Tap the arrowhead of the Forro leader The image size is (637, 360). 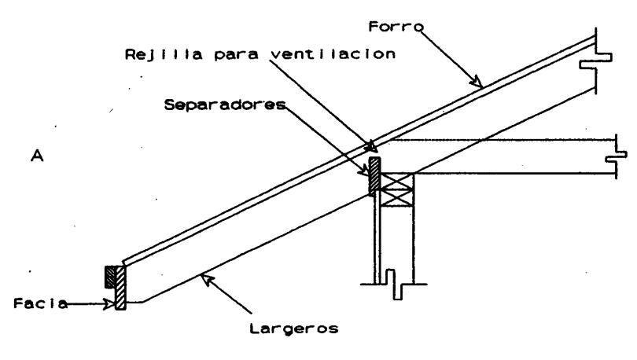pyautogui.click(x=474, y=79)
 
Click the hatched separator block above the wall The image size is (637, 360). pyautogui.click(x=375, y=175)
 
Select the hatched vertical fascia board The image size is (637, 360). pyautogui.click(x=120, y=288)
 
